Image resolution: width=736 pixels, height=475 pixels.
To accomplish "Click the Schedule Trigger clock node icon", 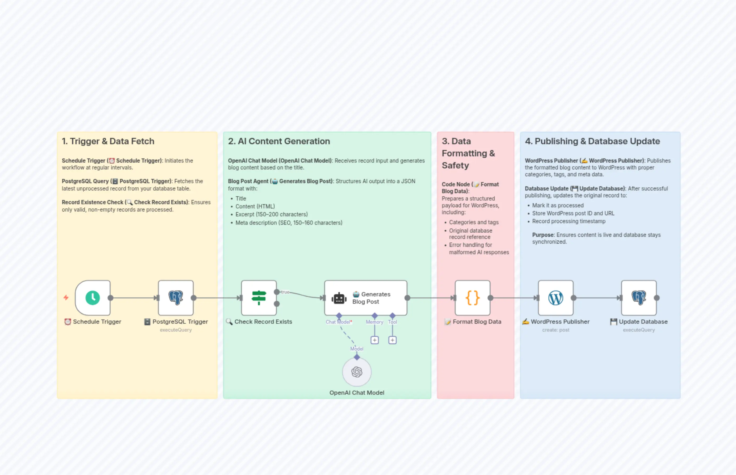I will point(93,298).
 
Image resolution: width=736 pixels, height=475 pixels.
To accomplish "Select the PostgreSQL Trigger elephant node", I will point(176,298).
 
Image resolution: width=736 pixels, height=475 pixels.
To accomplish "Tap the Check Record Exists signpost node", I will point(259,298).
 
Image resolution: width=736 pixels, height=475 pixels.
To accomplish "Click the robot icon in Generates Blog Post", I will point(339,298).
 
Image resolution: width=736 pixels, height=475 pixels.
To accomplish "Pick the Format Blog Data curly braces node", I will point(472,298).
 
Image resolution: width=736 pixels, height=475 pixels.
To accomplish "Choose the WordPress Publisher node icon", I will point(555,298).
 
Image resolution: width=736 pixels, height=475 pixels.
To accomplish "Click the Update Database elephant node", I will point(639,298).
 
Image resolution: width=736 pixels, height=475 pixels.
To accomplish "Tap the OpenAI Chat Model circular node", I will point(357,372).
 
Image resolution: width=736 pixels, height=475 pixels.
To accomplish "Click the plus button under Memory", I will point(375,340).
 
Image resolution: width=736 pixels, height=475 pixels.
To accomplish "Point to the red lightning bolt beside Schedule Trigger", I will point(66,297).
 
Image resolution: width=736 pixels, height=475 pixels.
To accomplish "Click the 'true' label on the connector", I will point(285,292).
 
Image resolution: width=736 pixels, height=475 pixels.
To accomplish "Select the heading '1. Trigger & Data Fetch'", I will point(108,141).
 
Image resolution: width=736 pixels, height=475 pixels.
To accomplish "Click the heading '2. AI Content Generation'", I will point(279,141).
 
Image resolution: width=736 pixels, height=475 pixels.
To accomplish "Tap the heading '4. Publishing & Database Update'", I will point(592,141).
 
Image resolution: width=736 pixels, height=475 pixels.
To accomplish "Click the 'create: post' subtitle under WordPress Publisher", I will point(555,330).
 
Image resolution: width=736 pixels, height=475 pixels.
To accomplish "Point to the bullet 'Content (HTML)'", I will point(255,206).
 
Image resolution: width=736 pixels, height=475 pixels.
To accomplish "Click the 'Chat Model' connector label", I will point(337,322).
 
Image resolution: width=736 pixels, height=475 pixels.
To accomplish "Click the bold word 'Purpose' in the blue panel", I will point(543,235).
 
